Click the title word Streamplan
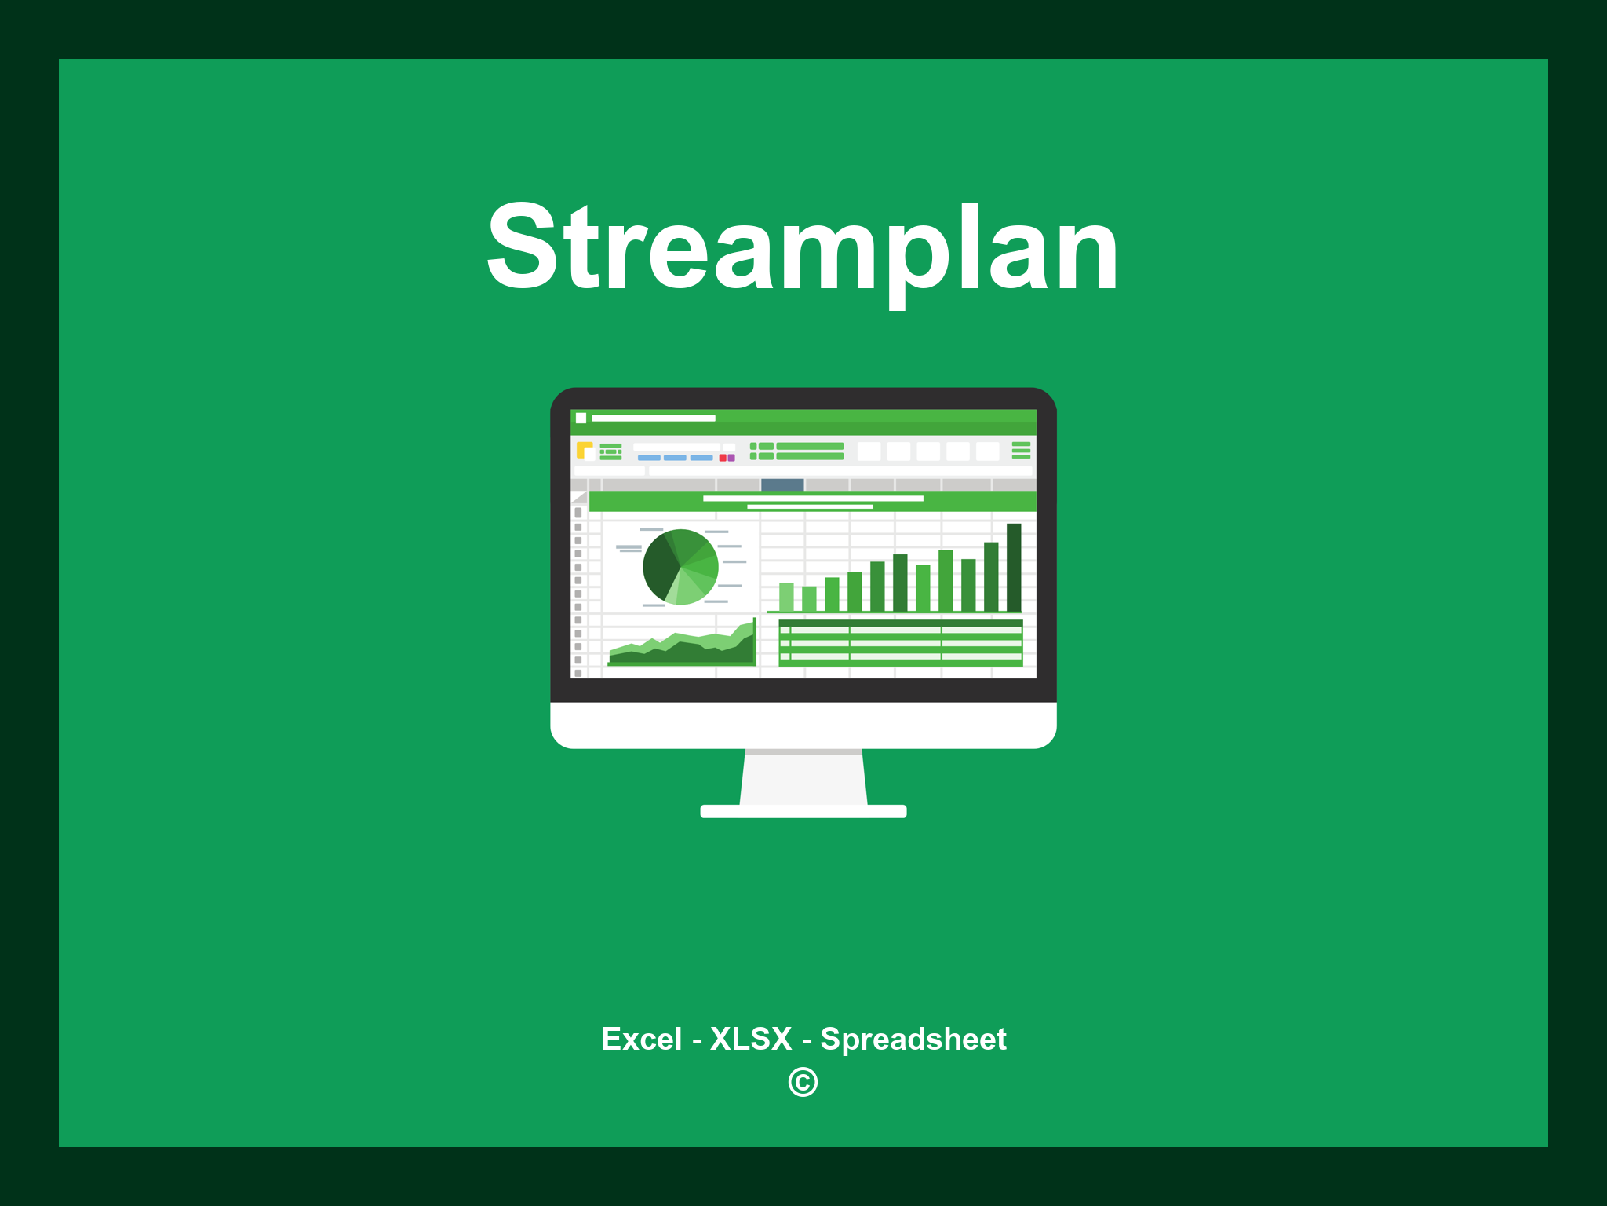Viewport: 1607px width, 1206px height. (x=802, y=247)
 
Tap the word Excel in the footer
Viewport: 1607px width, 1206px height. (x=641, y=1039)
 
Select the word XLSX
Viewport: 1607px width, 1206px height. (x=751, y=1039)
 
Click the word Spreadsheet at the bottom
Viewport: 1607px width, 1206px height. (x=913, y=1039)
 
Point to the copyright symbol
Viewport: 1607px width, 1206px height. (x=803, y=1083)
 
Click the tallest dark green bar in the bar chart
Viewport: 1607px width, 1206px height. (x=1014, y=567)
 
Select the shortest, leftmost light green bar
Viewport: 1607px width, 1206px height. (x=786, y=597)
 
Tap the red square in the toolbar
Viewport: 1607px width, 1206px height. (x=723, y=458)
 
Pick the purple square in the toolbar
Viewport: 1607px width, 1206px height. (x=731, y=458)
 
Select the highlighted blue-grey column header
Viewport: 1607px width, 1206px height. (x=782, y=484)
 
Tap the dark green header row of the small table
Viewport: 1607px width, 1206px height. (x=900, y=623)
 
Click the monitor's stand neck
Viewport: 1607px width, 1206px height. (x=803, y=777)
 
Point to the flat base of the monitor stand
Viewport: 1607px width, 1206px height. (x=803, y=811)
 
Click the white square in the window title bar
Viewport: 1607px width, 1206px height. (x=581, y=418)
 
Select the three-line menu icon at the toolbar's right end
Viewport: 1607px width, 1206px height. (x=1021, y=450)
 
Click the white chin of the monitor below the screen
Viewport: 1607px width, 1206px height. (x=803, y=725)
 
